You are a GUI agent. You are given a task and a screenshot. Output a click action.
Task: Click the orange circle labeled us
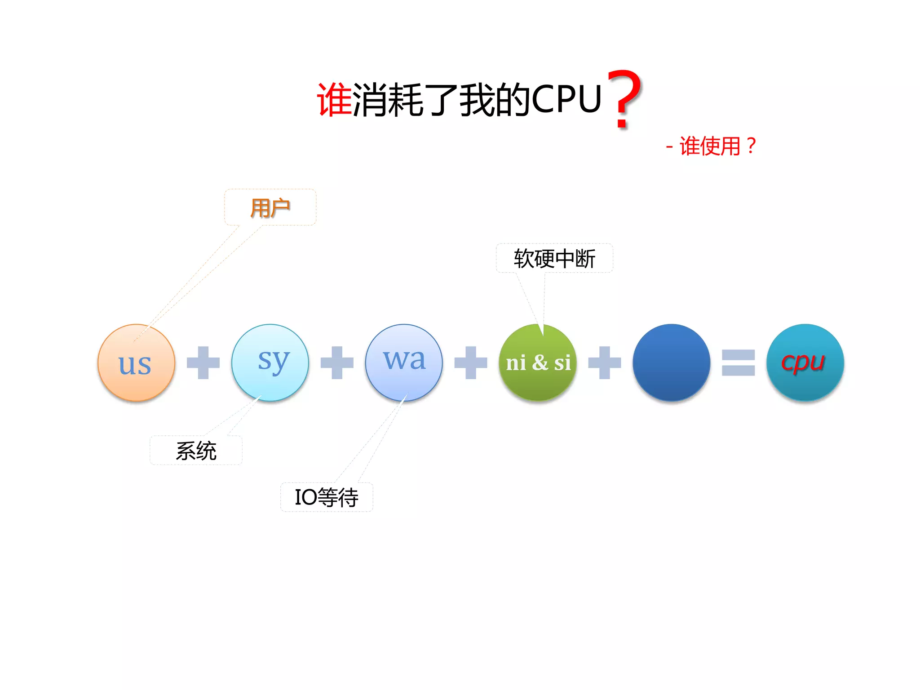coord(136,363)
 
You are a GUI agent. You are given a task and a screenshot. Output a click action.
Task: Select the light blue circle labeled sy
coord(270,363)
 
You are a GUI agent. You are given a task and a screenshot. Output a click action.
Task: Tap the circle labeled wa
coord(404,363)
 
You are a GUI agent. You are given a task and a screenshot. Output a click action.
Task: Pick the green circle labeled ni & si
coord(538,363)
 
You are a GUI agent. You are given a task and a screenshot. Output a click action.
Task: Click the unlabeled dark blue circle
coord(671,363)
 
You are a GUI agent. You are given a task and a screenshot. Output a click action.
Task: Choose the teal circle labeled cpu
coord(805,363)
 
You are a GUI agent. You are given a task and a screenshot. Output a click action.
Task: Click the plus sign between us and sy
coord(203,363)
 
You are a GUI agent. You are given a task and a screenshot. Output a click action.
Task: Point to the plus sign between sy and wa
coord(337,363)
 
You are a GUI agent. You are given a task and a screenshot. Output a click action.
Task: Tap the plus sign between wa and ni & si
coord(471,363)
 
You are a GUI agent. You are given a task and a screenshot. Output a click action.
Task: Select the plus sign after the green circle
coord(605,363)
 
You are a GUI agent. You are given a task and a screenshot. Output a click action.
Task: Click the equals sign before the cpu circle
coord(738,363)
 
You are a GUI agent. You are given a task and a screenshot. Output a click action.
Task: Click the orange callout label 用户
coord(270,208)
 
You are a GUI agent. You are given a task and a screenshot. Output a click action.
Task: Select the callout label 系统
coord(196,451)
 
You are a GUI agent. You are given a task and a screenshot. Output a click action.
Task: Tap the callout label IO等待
coord(327,497)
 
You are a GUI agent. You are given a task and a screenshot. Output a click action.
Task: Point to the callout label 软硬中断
coord(554,258)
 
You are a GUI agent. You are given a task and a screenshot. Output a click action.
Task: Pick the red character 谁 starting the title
coord(334,100)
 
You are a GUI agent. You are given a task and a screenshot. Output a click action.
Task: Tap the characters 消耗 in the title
coord(388,100)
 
